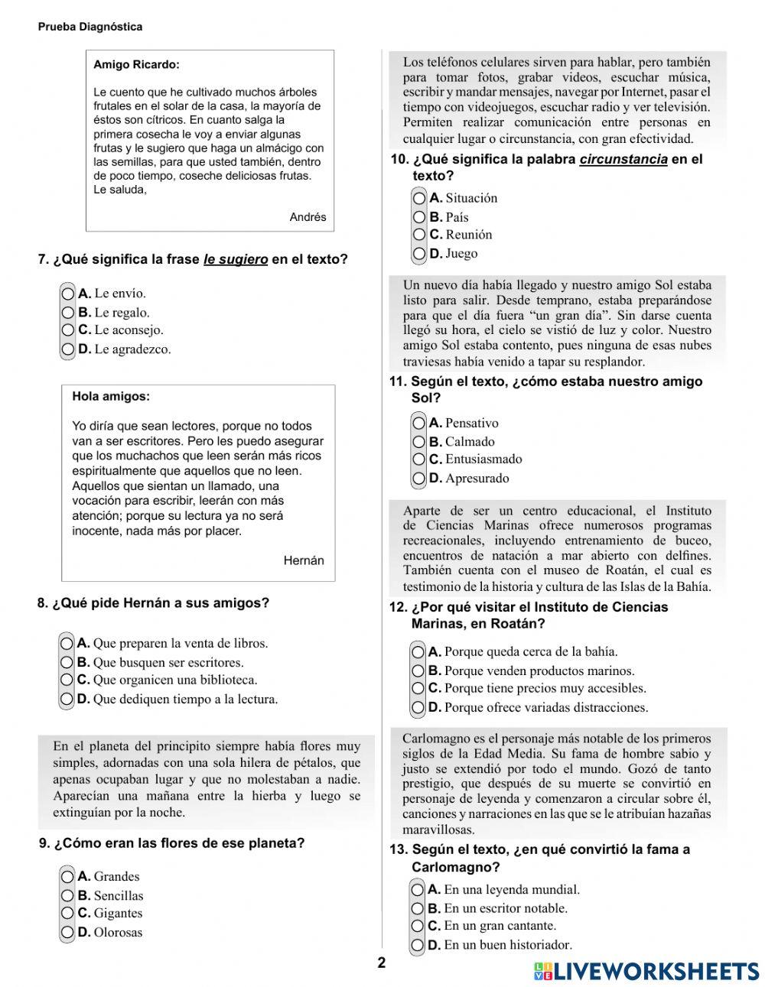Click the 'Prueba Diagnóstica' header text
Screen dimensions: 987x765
(90, 27)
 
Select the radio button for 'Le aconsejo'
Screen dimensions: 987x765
(68, 331)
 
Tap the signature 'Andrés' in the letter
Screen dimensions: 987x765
(308, 217)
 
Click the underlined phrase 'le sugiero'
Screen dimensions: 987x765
(236, 260)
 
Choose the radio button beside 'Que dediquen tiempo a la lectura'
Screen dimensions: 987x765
(67, 700)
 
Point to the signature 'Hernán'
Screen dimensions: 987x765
(304, 561)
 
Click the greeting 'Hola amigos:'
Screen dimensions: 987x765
(111, 397)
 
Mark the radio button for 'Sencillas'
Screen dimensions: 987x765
(68, 896)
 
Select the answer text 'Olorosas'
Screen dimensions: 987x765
(118, 933)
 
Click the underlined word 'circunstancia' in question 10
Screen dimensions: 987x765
(623, 160)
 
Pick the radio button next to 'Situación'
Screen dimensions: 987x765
(419, 199)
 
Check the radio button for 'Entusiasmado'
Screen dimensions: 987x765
(419, 460)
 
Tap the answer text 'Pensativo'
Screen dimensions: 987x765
(471, 424)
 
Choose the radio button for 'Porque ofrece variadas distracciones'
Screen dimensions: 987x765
(418, 708)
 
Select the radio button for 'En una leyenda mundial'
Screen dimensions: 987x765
(418, 890)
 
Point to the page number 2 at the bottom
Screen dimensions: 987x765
(382, 963)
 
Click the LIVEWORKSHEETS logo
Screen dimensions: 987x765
(646, 971)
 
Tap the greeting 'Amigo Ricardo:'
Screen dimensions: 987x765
(136, 65)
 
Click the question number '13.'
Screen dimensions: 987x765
(399, 850)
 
